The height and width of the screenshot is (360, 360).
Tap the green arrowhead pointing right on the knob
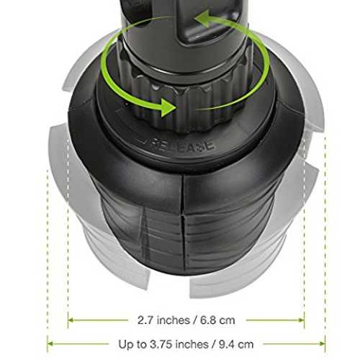coord(168,107)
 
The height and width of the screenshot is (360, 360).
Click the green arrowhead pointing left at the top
coord(204,19)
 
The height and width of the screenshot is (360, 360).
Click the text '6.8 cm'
coord(217,320)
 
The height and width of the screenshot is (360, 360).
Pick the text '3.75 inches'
coord(179,345)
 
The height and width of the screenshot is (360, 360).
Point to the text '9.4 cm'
coord(236,345)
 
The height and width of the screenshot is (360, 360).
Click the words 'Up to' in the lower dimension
coord(132,345)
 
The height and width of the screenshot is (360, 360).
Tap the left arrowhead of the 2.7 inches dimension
coord(71,320)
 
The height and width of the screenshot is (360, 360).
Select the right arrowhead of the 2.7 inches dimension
coord(302,320)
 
